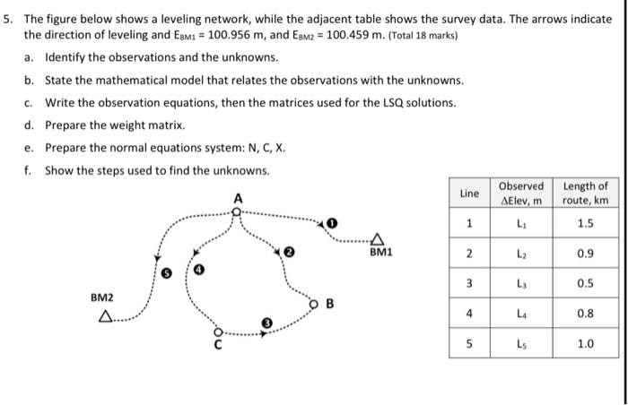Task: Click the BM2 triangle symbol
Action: pyautogui.click(x=107, y=315)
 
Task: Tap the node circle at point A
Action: pyautogui.click(x=236, y=211)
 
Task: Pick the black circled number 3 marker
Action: pyautogui.click(x=266, y=322)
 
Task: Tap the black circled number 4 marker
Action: pyautogui.click(x=199, y=269)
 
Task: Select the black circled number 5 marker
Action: pyautogui.click(x=164, y=270)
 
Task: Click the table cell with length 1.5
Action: pyautogui.click(x=585, y=223)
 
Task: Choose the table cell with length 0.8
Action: pyautogui.click(x=585, y=315)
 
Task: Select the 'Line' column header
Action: pyautogui.click(x=469, y=193)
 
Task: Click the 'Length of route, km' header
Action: pyautogui.click(x=585, y=193)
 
